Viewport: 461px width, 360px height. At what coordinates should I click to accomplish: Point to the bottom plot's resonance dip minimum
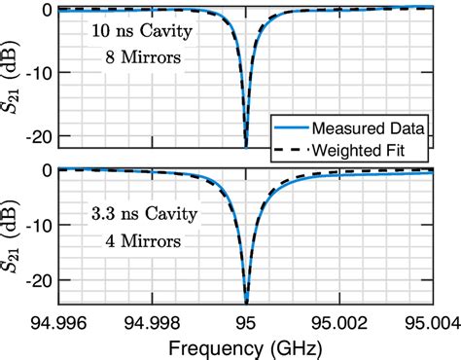pos(246,300)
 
